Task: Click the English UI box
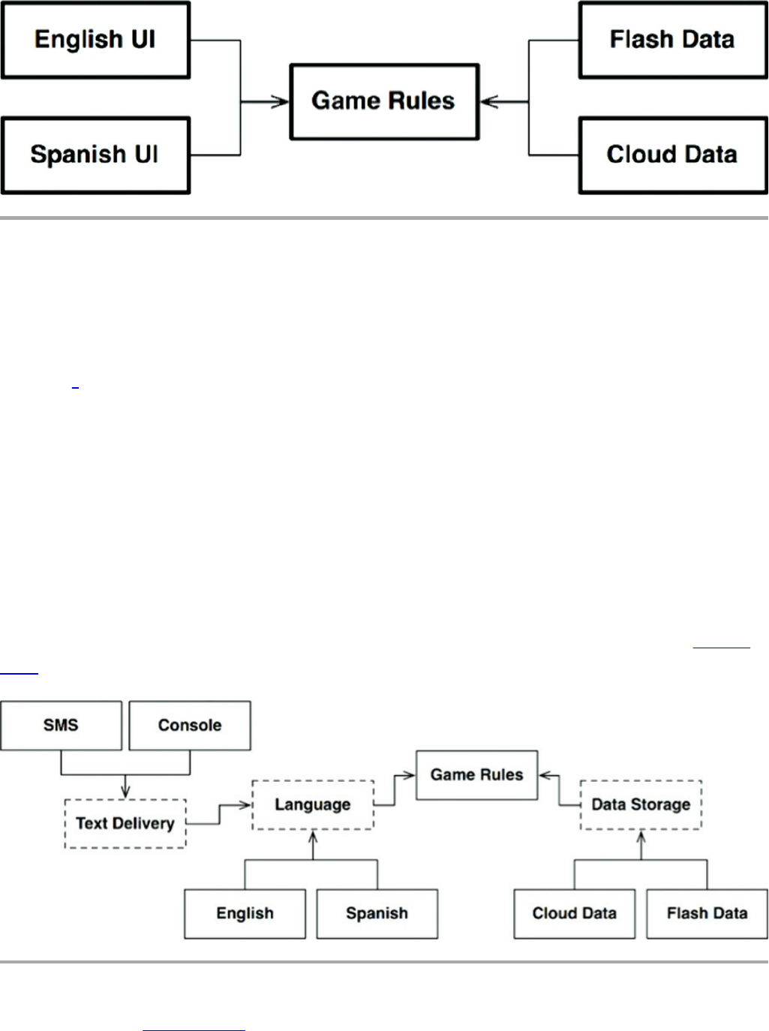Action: click(x=96, y=40)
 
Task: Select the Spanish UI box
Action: click(x=96, y=155)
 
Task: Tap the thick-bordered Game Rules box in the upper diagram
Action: click(x=384, y=101)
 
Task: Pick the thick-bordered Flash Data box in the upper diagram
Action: click(x=673, y=40)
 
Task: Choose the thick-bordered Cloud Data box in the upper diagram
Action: click(x=673, y=155)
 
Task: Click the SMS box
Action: click(x=61, y=725)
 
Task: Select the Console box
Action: click(x=190, y=725)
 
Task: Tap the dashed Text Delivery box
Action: click(x=125, y=823)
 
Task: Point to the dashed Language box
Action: click(x=313, y=804)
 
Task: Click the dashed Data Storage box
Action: click(x=641, y=804)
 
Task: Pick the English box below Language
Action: click(x=245, y=914)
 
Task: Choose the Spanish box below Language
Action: click(x=377, y=914)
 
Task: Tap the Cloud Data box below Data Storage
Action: click(x=575, y=914)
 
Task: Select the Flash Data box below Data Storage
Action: click(x=707, y=914)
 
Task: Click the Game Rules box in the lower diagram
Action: click(x=477, y=774)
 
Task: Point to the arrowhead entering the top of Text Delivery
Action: click(x=125, y=792)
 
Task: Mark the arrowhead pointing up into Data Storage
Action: click(x=641, y=836)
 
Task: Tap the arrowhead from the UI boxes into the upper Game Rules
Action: click(x=281, y=101)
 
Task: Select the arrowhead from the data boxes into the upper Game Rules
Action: click(x=489, y=101)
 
